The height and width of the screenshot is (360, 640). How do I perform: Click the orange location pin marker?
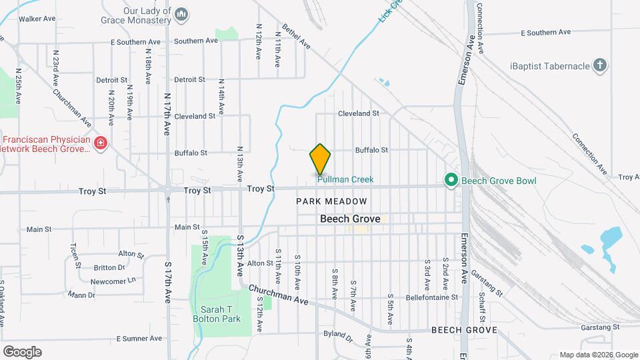click(320, 159)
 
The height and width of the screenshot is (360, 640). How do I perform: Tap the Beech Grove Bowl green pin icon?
click(451, 180)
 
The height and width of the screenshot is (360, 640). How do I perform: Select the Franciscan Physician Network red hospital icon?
click(101, 143)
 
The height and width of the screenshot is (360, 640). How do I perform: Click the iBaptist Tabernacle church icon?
click(600, 65)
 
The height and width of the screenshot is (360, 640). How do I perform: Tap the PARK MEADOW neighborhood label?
click(331, 201)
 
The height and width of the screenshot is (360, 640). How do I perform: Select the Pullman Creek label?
click(345, 179)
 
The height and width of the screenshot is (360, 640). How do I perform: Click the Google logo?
click(22, 352)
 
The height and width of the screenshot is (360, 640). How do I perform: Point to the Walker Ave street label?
click(37, 19)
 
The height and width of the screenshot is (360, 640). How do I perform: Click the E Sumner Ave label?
click(139, 339)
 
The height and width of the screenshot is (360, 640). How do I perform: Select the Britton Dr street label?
click(109, 267)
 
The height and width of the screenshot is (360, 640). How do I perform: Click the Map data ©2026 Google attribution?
click(598, 355)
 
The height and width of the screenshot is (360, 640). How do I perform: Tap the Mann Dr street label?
click(81, 295)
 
